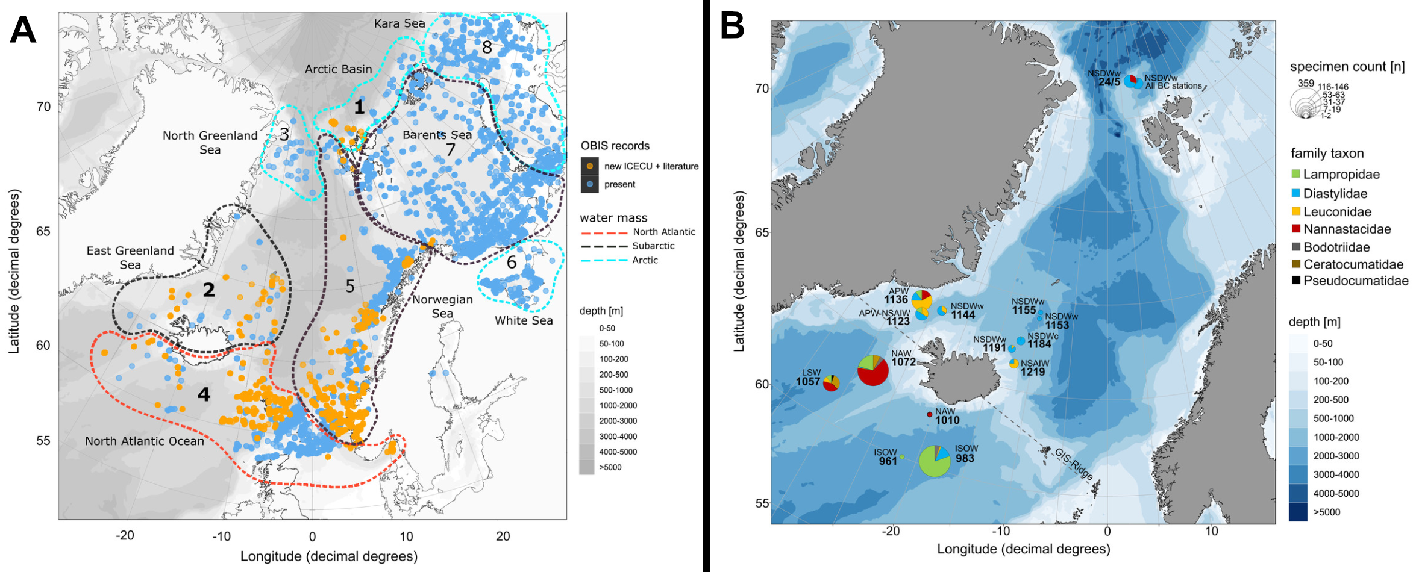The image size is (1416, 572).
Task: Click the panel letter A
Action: pyautogui.click(x=23, y=30)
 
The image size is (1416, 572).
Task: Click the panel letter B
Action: pyautogui.click(x=732, y=26)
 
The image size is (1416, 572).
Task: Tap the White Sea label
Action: pyautogui.click(x=524, y=320)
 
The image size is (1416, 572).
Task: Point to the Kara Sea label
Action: pyautogui.click(x=399, y=23)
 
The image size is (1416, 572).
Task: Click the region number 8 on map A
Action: pyautogui.click(x=487, y=47)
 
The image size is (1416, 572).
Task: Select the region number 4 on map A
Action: pyautogui.click(x=204, y=394)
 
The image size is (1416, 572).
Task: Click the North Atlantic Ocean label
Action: pyautogui.click(x=145, y=441)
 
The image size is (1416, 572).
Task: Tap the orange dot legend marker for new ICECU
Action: pyautogui.click(x=590, y=166)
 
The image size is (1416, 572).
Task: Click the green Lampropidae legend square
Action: pyautogui.click(x=1295, y=175)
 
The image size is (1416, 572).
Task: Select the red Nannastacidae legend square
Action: pyautogui.click(x=1295, y=229)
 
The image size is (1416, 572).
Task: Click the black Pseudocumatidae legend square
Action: pyautogui.click(x=1295, y=281)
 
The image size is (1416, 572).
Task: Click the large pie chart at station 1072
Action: pyautogui.click(x=872, y=370)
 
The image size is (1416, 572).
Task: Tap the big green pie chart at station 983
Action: pyautogui.click(x=935, y=461)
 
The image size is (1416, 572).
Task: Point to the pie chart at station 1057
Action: pyautogui.click(x=831, y=383)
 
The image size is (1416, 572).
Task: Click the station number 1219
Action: pyautogui.click(x=1032, y=372)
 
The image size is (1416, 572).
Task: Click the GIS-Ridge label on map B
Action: pyautogui.click(x=1074, y=464)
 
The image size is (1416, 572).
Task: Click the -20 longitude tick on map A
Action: pyautogui.click(x=125, y=536)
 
